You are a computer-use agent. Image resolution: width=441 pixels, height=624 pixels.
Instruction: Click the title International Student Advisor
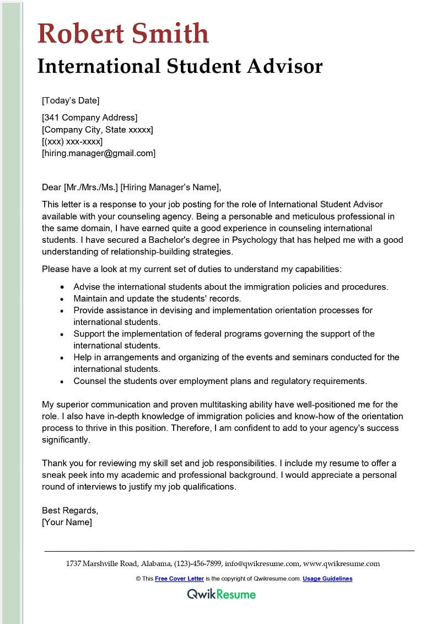tap(180, 66)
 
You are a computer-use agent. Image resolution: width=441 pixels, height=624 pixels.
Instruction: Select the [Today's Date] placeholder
tap(71, 100)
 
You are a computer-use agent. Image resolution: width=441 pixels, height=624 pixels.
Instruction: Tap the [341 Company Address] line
tap(90, 117)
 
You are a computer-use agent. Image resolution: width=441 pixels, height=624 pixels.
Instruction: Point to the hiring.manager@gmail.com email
tap(99, 153)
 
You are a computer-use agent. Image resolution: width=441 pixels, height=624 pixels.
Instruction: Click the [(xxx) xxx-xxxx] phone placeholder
tap(72, 141)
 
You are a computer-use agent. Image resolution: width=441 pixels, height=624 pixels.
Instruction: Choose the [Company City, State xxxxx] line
tap(98, 129)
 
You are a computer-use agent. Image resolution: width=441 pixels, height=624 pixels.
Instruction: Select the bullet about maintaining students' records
tap(157, 298)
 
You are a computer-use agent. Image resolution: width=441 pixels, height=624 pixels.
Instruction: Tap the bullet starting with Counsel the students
tap(219, 381)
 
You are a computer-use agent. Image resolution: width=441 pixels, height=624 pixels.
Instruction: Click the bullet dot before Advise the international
tap(62, 287)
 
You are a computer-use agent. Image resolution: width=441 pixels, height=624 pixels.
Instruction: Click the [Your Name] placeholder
tap(67, 522)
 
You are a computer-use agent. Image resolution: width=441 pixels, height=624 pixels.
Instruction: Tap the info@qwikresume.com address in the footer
tap(262, 564)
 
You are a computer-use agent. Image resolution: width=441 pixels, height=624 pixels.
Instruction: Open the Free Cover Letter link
tap(179, 579)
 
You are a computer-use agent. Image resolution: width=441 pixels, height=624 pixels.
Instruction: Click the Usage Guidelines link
tap(327, 579)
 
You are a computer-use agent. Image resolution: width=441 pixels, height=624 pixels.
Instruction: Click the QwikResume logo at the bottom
tap(222, 594)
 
